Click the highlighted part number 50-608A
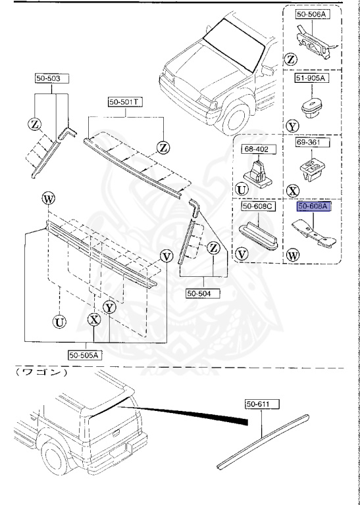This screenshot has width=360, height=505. pyautogui.click(x=313, y=206)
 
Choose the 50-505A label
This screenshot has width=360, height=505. pyautogui.click(x=84, y=355)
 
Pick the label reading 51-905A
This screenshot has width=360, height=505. pyautogui.click(x=311, y=79)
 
